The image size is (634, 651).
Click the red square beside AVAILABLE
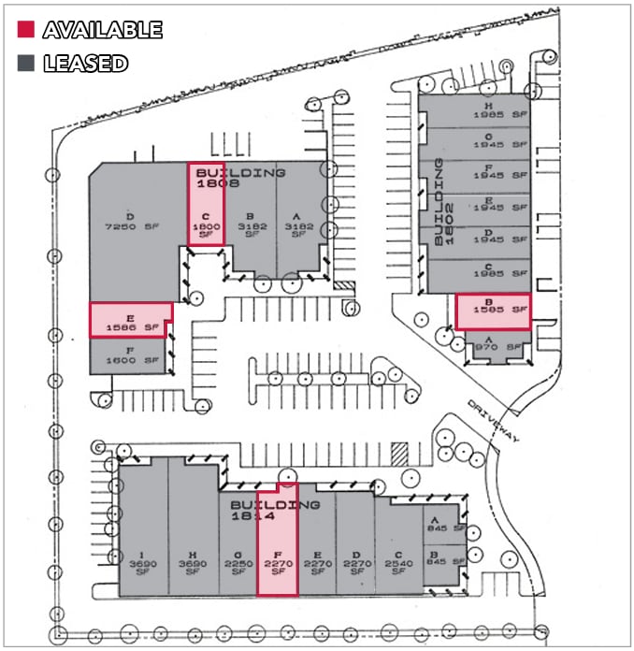(x=25, y=30)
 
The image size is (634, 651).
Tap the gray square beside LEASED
(x=25, y=65)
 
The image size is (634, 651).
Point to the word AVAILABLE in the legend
(x=102, y=30)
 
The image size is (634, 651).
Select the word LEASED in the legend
(x=85, y=65)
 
